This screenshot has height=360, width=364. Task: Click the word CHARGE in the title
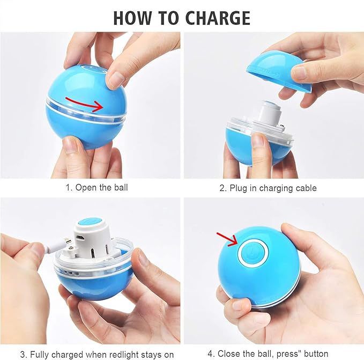pyautogui.click(x=218, y=18)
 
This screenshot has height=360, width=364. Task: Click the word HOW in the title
pyautogui.click(x=132, y=18)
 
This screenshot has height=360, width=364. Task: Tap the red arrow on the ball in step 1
pyautogui.click(x=84, y=104)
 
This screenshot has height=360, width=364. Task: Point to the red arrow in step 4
pyautogui.click(x=227, y=239)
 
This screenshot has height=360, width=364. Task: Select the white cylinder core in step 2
pyautogui.click(x=270, y=114)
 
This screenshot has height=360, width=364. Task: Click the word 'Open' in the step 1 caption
pyautogui.click(x=86, y=187)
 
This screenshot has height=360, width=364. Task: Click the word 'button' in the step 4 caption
pyautogui.click(x=316, y=354)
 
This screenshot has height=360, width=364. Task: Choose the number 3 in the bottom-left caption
pyautogui.click(x=23, y=355)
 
